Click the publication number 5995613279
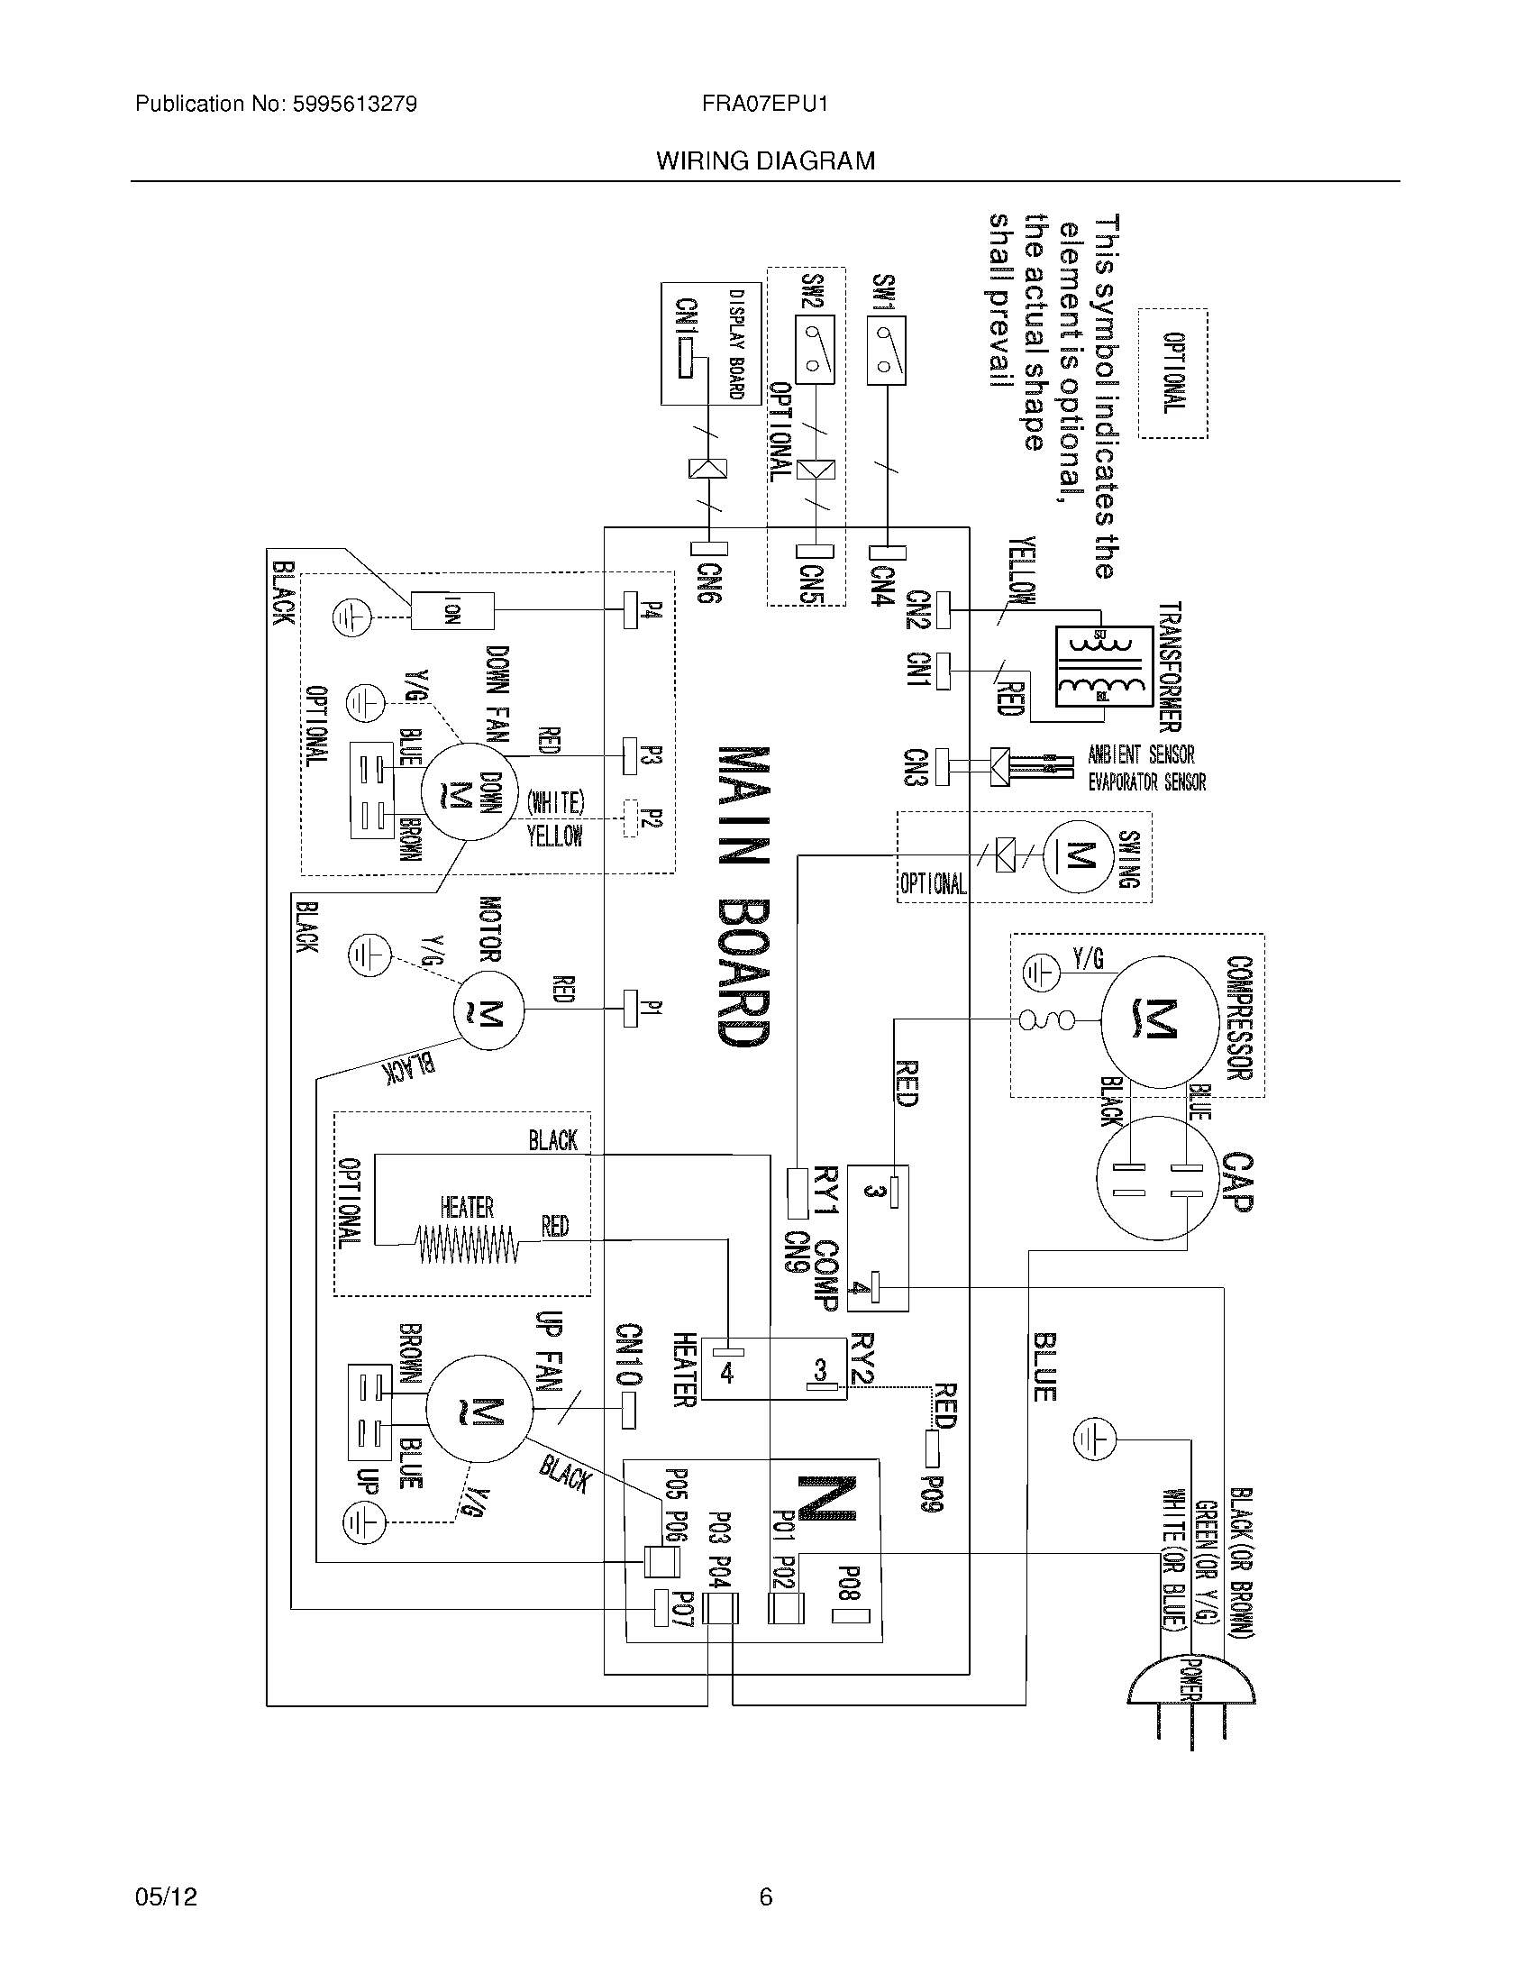coord(354,105)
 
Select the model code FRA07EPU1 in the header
coord(764,105)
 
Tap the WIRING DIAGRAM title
coord(765,161)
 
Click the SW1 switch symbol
coord(886,351)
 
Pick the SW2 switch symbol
coord(814,351)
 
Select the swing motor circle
coord(1078,856)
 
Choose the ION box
coord(452,610)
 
